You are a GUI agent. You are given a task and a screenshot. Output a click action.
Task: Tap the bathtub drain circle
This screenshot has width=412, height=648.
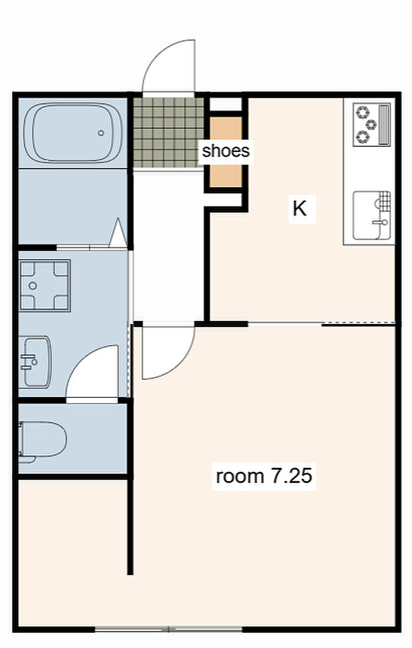pos(101,133)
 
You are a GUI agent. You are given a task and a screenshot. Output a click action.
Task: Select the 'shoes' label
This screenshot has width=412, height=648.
pos(226,151)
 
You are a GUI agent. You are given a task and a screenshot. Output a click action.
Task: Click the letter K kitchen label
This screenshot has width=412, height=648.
pos(300,209)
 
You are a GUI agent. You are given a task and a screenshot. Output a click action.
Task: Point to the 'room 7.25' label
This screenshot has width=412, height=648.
pos(264,476)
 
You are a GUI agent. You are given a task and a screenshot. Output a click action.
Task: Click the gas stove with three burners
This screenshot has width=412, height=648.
pos(371,124)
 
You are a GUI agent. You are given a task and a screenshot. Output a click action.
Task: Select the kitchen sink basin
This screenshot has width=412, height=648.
pos(371,215)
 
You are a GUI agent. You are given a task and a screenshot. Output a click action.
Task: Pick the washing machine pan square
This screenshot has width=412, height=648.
pos(45,286)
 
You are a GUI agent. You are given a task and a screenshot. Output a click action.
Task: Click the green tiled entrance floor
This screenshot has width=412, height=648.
pos(168,133)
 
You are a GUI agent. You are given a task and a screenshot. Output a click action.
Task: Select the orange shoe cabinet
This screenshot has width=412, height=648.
pos(225,151)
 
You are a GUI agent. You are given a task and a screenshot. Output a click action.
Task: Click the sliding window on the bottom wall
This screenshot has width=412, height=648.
pos(168,629)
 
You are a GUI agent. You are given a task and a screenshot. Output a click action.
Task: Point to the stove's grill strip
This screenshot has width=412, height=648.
pos(384,124)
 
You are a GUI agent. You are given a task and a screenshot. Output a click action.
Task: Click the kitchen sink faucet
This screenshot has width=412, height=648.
pos(380,222)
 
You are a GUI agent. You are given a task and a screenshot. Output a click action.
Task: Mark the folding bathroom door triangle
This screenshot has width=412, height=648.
pos(118,233)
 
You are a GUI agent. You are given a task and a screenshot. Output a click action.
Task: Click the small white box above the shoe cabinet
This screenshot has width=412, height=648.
pos(225,104)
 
